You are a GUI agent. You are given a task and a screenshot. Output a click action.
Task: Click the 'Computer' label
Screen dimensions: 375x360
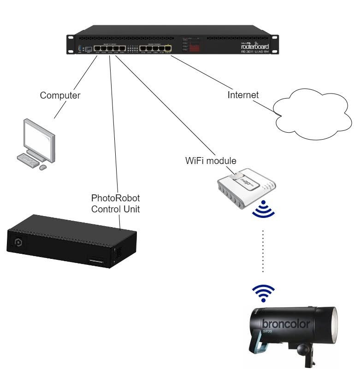(x=60, y=96)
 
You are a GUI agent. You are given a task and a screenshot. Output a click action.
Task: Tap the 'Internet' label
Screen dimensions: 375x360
(x=243, y=95)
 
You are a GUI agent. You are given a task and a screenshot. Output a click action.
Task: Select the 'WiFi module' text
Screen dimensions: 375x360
(x=211, y=161)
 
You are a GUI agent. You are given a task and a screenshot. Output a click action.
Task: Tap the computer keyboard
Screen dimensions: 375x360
(x=29, y=159)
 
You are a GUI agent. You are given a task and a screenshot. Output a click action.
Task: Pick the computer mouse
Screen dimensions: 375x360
(x=43, y=167)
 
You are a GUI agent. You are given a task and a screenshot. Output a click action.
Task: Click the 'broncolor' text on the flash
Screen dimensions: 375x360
(x=286, y=323)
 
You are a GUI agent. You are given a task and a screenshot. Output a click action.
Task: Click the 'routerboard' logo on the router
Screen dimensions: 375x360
(x=258, y=45)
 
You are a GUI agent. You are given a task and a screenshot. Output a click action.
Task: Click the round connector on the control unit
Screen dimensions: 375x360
(x=19, y=243)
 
